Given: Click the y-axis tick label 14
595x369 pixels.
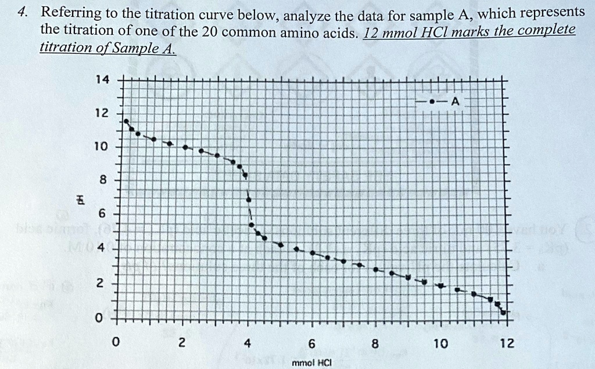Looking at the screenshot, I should click(x=102, y=80).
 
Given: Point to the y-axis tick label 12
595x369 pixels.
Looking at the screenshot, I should click(x=102, y=113).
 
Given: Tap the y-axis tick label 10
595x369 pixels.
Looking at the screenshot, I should click(x=101, y=146).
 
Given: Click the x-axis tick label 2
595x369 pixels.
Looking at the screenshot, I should click(x=181, y=343).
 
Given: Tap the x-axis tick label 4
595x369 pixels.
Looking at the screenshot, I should click(x=247, y=343).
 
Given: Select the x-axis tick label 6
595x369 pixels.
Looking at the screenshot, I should click(x=312, y=343).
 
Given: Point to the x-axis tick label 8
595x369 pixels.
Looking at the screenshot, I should click(x=376, y=343).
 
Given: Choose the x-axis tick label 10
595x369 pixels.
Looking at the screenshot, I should click(x=440, y=343).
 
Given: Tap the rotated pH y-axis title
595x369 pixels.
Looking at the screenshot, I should click(x=81, y=200).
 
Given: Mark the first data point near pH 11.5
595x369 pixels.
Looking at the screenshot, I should click(x=126, y=121).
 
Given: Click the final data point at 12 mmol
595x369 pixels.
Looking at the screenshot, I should click(x=503, y=313).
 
